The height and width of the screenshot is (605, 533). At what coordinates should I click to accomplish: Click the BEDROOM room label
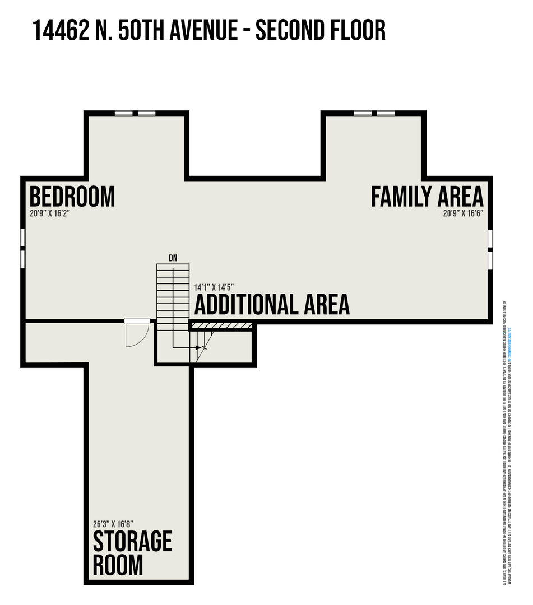(72, 197)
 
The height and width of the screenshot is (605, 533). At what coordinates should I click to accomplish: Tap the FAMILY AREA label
(427, 197)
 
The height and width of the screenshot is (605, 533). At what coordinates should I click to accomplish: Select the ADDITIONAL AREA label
(272, 305)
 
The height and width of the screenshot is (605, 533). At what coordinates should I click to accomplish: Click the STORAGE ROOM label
(132, 553)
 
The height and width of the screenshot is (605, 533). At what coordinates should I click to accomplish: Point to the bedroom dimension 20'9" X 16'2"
(50, 213)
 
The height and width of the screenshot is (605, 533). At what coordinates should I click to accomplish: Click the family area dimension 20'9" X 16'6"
(463, 213)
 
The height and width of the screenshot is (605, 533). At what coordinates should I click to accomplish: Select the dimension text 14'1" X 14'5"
(214, 287)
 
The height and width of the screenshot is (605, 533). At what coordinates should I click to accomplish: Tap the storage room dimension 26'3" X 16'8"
(113, 525)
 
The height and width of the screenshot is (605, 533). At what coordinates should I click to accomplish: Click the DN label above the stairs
(173, 258)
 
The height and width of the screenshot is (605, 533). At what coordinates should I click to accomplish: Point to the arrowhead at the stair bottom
(198, 348)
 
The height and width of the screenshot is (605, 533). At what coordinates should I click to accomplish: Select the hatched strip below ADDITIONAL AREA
(221, 325)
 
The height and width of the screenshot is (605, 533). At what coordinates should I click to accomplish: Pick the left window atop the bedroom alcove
(124, 113)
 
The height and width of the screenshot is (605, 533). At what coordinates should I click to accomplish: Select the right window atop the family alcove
(386, 113)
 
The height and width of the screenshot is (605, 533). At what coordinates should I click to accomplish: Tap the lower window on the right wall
(490, 259)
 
